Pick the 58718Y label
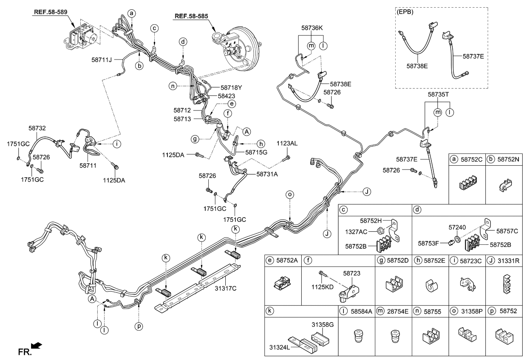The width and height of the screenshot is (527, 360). [231, 87]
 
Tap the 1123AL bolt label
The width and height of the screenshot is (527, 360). [287, 144]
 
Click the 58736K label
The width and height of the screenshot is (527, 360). [312, 28]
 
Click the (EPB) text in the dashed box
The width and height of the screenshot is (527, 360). [405, 12]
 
